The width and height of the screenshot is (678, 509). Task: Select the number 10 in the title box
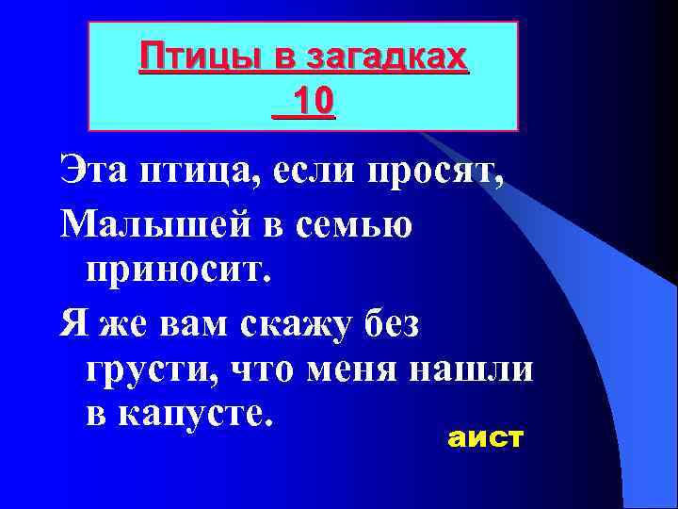coord(313,98)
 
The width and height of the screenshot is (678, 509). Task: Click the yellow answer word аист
coord(485,438)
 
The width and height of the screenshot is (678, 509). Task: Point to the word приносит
coord(178,273)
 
